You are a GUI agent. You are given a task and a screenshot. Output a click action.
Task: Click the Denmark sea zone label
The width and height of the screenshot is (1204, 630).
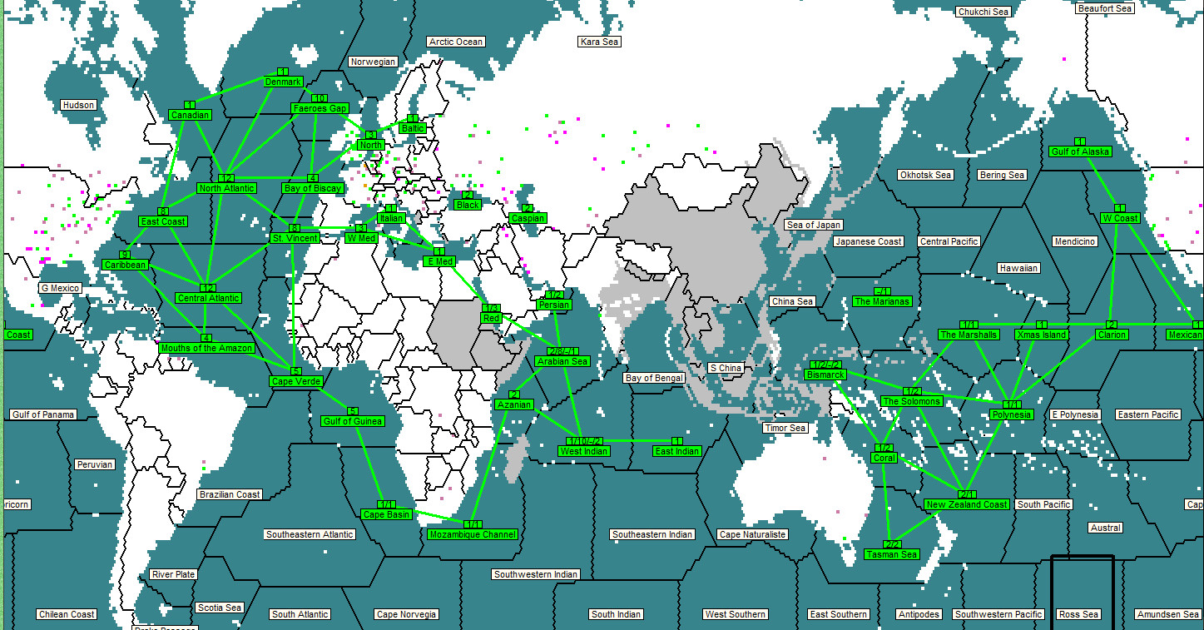tap(284, 82)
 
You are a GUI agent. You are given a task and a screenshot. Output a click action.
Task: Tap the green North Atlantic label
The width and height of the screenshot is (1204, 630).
tap(226, 188)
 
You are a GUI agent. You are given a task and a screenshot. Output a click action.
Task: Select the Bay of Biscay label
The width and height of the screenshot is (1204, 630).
tap(312, 188)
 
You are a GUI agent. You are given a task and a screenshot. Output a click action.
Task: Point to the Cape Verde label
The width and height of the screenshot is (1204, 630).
tap(295, 381)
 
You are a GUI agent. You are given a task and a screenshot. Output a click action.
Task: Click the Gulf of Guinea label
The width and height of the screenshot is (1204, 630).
tap(352, 421)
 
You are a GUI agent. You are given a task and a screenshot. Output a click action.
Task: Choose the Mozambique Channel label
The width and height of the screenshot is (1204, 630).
tap(472, 534)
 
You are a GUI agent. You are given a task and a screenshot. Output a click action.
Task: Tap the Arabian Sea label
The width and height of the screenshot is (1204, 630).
tap(562, 361)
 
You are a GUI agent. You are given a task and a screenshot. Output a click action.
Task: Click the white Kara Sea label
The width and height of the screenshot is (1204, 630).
tap(600, 42)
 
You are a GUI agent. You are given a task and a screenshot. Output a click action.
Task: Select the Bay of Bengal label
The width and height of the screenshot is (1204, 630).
tap(654, 378)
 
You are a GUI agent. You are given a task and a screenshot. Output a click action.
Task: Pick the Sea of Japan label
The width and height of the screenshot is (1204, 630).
tap(814, 225)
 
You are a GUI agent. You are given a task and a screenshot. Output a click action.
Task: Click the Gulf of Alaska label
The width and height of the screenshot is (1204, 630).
tap(1080, 151)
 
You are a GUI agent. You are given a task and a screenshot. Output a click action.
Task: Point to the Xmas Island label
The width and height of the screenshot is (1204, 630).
tap(1041, 335)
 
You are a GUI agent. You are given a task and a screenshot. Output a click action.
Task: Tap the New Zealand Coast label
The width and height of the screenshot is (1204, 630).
tap(966, 504)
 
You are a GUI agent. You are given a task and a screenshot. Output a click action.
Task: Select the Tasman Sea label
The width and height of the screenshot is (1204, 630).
tap(891, 554)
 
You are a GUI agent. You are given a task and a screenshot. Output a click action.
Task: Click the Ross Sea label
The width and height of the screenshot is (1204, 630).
tap(1078, 614)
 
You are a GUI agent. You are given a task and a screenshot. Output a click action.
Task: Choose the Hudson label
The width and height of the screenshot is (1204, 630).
tap(79, 105)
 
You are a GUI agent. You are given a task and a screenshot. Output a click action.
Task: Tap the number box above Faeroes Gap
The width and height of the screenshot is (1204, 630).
tap(319, 98)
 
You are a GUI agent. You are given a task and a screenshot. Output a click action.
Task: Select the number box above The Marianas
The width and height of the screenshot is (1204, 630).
tap(883, 291)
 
